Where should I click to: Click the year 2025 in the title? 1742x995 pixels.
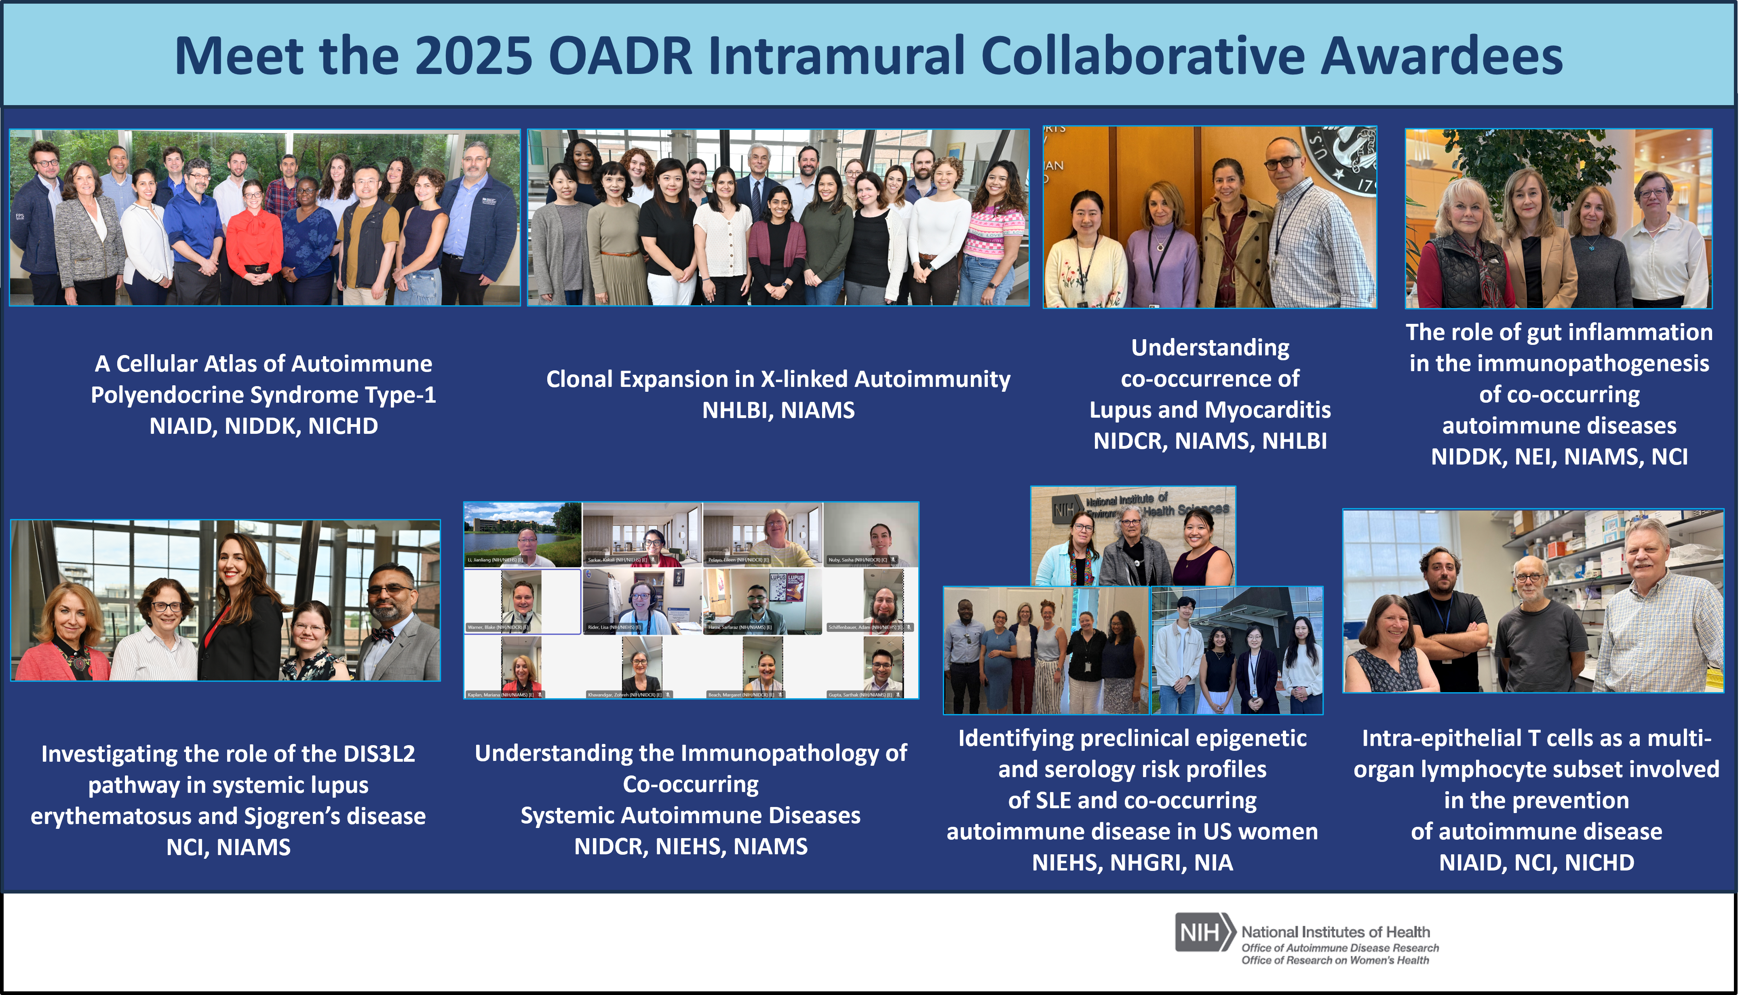[473, 56]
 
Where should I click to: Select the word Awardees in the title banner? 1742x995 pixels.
[1441, 56]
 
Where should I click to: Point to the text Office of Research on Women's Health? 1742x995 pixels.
[1335, 960]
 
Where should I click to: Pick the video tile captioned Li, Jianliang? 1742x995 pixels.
[523, 534]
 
